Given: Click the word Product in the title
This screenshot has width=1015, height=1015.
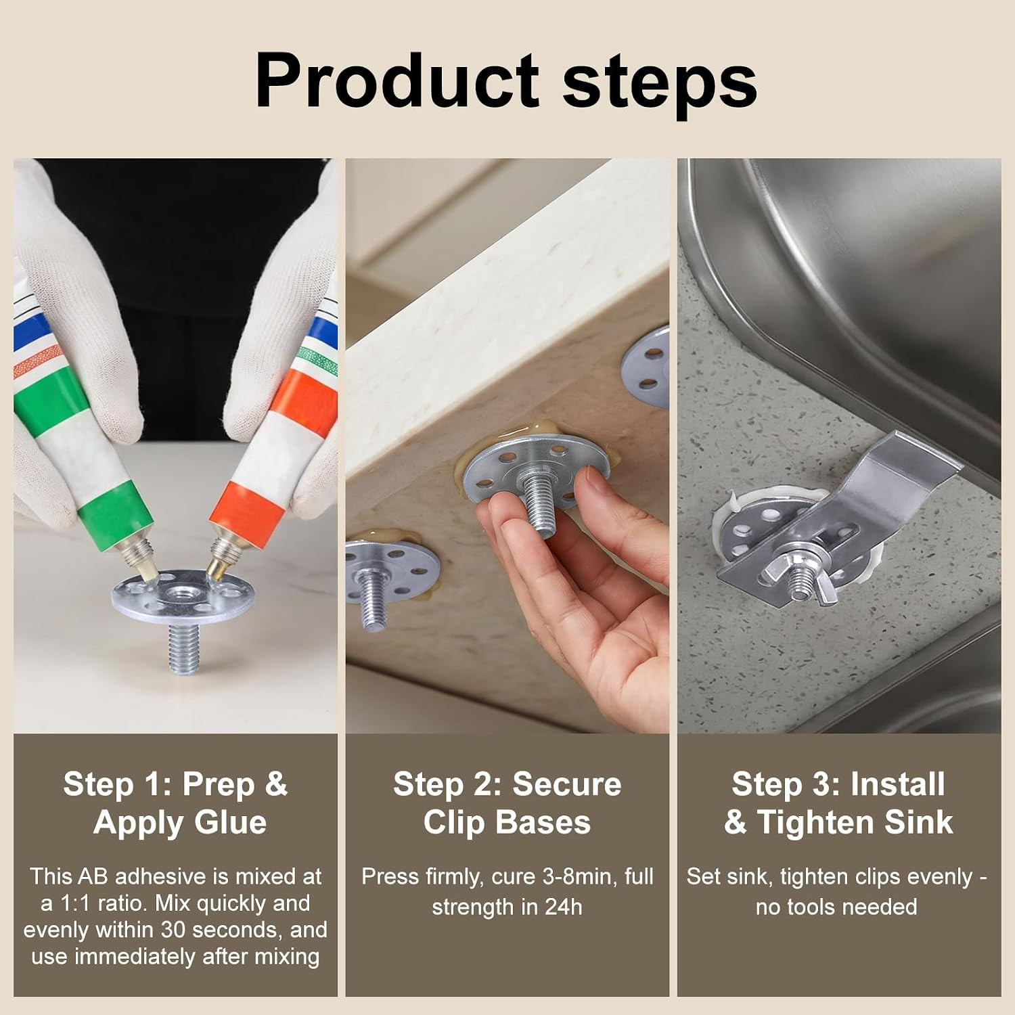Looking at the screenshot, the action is point(397,81).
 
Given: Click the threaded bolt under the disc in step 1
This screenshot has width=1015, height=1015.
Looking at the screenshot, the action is point(183,647).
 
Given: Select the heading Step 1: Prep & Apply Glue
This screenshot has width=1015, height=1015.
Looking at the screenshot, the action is point(176,803).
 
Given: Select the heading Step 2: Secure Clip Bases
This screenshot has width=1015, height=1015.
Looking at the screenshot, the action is point(507,803).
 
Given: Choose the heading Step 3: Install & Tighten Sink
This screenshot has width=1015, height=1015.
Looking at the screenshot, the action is point(838,803).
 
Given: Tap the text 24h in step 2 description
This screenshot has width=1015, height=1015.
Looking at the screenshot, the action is point(562,907).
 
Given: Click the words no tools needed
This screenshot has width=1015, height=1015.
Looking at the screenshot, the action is point(836,907).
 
